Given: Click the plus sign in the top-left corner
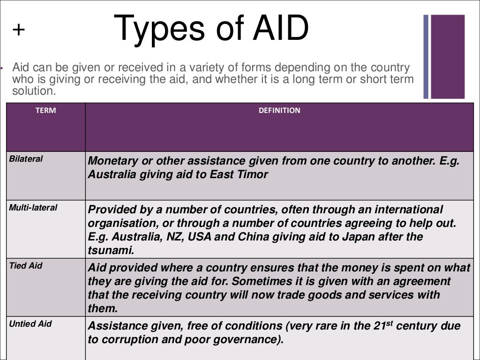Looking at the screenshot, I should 18,30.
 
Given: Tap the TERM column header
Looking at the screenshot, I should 45,111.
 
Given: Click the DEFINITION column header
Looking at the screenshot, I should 279,111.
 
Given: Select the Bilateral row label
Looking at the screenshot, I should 26,159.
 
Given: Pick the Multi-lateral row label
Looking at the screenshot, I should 33,207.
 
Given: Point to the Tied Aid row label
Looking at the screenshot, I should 26,266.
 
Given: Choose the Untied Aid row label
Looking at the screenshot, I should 30,324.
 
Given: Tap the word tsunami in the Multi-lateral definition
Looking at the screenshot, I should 111,251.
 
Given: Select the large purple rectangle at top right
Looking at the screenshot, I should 448,56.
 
